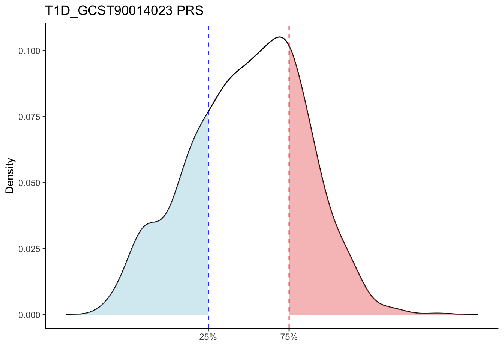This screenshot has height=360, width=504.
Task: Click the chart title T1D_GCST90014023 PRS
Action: pyautogui.click(x=124, y=11)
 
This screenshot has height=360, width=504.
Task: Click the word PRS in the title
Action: pyautogui.click(x=190, y=11)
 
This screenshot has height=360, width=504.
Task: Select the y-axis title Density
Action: pyautogui.click(x=10, y=175)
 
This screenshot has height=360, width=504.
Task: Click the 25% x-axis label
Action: pyautogui.click(x=208, y=337)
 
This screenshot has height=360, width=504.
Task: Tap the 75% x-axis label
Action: pyautogui.click(x=289, y=337)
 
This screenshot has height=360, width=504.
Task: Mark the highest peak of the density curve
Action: pyautogui.click(x=279, y=37)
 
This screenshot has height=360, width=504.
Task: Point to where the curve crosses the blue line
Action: pyautogui.click(x=208, y=112)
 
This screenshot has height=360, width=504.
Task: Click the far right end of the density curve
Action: pyautogui.click(x=477, y=314)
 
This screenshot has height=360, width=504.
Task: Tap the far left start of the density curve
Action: pyautogui.click(x=67, y=314)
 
